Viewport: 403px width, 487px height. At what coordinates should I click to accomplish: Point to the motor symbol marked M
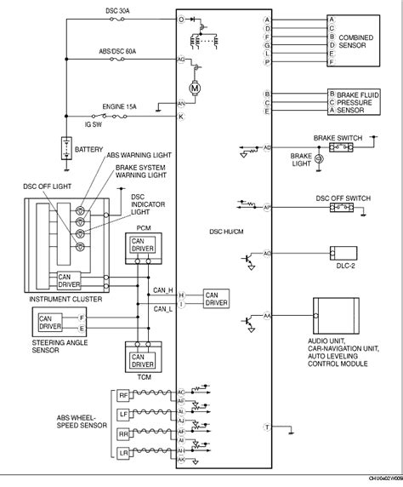194,88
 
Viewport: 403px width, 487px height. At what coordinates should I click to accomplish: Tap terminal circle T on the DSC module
267,426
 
